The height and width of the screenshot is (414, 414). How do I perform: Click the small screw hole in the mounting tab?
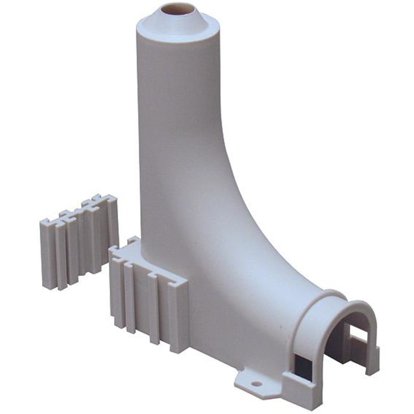pos(257,383)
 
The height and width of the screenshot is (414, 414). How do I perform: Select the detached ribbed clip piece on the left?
pos(79,242)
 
